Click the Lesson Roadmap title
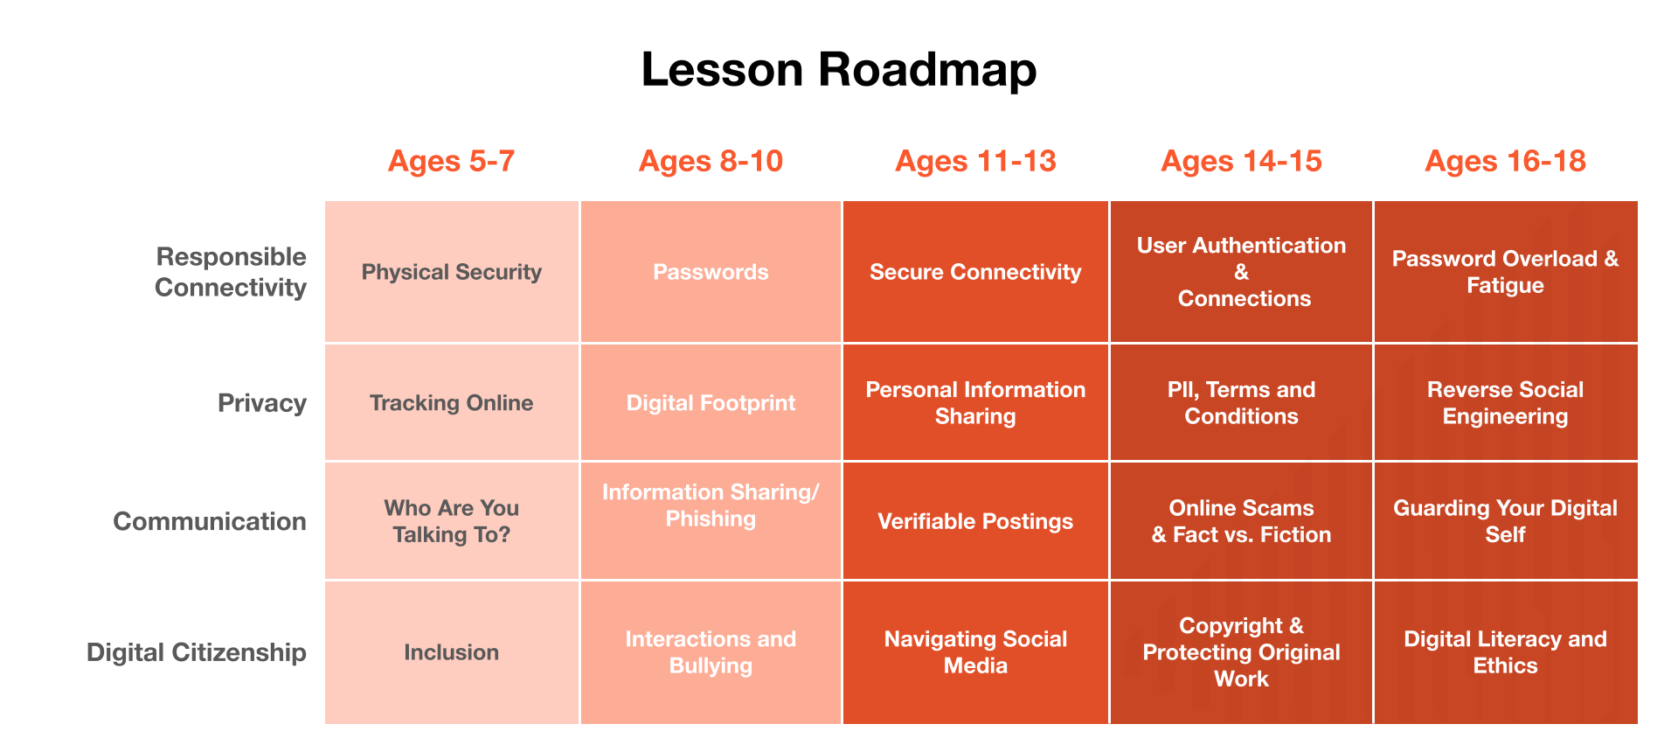click(839, 70)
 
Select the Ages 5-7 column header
click(451, 161)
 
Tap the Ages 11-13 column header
click(975, 161)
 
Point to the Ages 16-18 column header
click(1505, 161)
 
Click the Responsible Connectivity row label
click(231, 272)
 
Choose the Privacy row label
click(262, 403)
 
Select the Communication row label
click(210, 521)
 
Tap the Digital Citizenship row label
click(197, 652)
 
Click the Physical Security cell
click(452, 272)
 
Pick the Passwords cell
click(711, 272)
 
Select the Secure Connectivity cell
click(975, 272)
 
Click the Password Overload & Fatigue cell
click(1505, 272)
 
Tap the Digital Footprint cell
click(711, 402)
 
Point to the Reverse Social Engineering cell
click(1505, 402)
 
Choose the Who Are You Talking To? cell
click(452, 521)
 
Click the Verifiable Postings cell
click(975, 521)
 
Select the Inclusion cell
click(452, 652)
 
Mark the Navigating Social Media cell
click(975, 652)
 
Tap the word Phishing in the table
click(711, 519)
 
